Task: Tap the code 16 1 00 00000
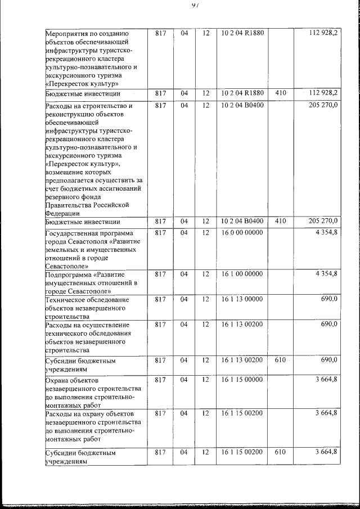[242, 274]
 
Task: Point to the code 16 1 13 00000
[242, 300]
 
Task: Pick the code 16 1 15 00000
[242, 380]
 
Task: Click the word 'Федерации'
[62, 214]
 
